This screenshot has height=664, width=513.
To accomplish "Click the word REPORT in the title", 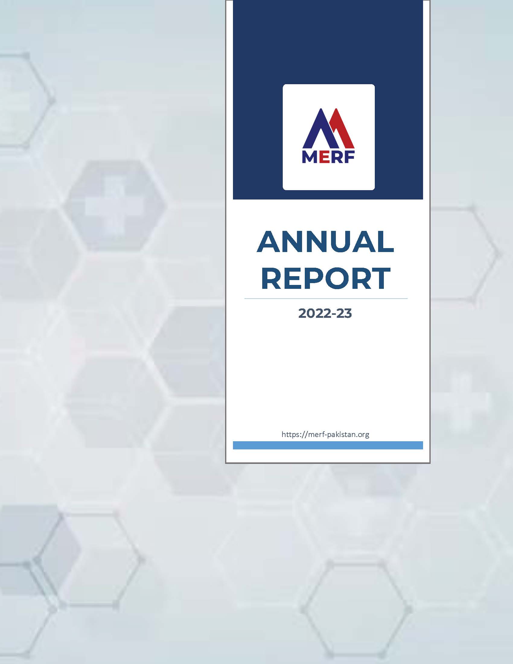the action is point(326,279).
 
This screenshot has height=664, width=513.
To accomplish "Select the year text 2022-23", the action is point(325,314).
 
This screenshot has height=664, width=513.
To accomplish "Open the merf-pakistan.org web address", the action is point(326,434).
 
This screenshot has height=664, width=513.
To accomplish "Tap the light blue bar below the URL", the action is point(328,445).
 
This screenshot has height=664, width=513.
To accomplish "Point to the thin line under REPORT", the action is point(326,298).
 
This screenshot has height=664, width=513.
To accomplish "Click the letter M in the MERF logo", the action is point(310,158).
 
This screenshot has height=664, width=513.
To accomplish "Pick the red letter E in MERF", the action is point(324,158).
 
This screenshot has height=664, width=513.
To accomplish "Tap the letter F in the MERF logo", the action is point(350,158).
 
